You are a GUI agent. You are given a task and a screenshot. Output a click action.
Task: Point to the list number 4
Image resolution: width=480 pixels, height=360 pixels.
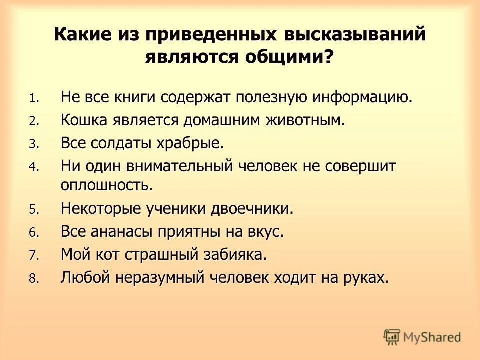33,168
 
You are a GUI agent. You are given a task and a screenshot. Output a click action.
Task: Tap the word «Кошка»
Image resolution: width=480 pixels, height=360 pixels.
84,120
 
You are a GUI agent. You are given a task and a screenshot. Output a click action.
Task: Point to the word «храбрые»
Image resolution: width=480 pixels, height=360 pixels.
191,144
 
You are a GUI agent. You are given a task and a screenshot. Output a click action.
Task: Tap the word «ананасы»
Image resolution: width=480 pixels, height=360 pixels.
125,232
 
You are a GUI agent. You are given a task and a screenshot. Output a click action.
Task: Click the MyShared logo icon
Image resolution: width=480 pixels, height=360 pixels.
392,337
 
